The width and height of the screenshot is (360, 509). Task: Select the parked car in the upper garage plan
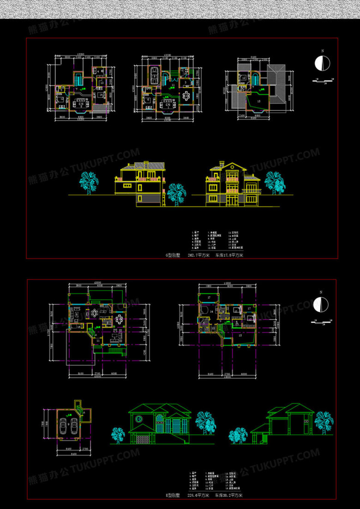154,74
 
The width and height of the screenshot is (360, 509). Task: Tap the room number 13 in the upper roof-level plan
258,100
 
